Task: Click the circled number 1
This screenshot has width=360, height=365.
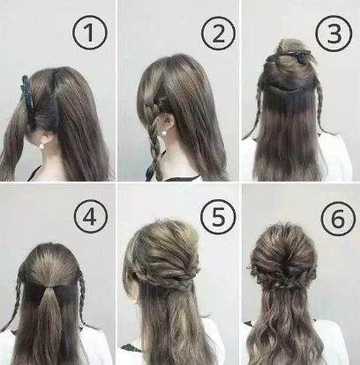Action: point(89,33)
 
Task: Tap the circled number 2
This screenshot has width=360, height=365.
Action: point(218,33)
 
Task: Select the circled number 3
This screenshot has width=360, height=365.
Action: point(334,33)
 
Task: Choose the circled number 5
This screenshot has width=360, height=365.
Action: point(218,218)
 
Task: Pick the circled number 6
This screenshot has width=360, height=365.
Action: point(338,218)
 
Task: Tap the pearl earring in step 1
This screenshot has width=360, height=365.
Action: point(41,145)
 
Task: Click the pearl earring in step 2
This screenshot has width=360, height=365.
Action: point(162,133)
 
